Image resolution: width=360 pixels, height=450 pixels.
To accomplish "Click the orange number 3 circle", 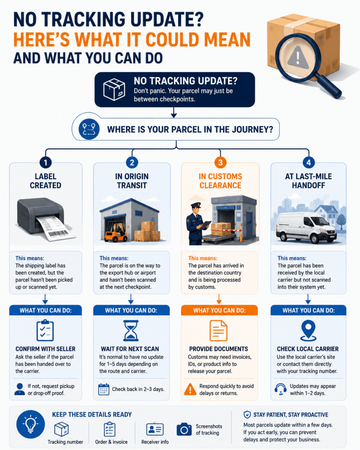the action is tap(220, 163).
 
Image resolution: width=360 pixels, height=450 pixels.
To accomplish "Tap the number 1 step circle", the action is tap(45, 163).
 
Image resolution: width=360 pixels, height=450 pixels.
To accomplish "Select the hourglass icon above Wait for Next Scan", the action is tap(131, 330).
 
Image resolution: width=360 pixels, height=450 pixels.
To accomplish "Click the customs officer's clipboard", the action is tap(205, 225).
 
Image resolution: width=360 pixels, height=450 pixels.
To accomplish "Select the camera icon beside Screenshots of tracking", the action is tap(184, 429).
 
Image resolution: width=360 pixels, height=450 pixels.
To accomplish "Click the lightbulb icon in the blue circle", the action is tap(31, 424).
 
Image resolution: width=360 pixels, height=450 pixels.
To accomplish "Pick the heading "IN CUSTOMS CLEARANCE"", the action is tap(220, 181).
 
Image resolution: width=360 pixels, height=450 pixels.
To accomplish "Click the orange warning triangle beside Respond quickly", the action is tap(190, 390).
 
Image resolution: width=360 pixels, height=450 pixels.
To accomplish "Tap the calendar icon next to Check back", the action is tap(104, 390).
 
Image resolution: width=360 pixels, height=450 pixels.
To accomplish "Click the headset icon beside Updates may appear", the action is tap(280, 390).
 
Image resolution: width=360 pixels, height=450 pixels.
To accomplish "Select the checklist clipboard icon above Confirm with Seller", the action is tap(45, 330).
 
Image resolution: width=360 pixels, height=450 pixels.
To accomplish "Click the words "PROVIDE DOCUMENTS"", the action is tap(218, 349).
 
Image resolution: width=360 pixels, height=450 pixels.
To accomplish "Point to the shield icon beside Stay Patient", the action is tap(247, 415).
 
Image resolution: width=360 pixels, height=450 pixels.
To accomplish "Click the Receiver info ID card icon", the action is tap(155, 430).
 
